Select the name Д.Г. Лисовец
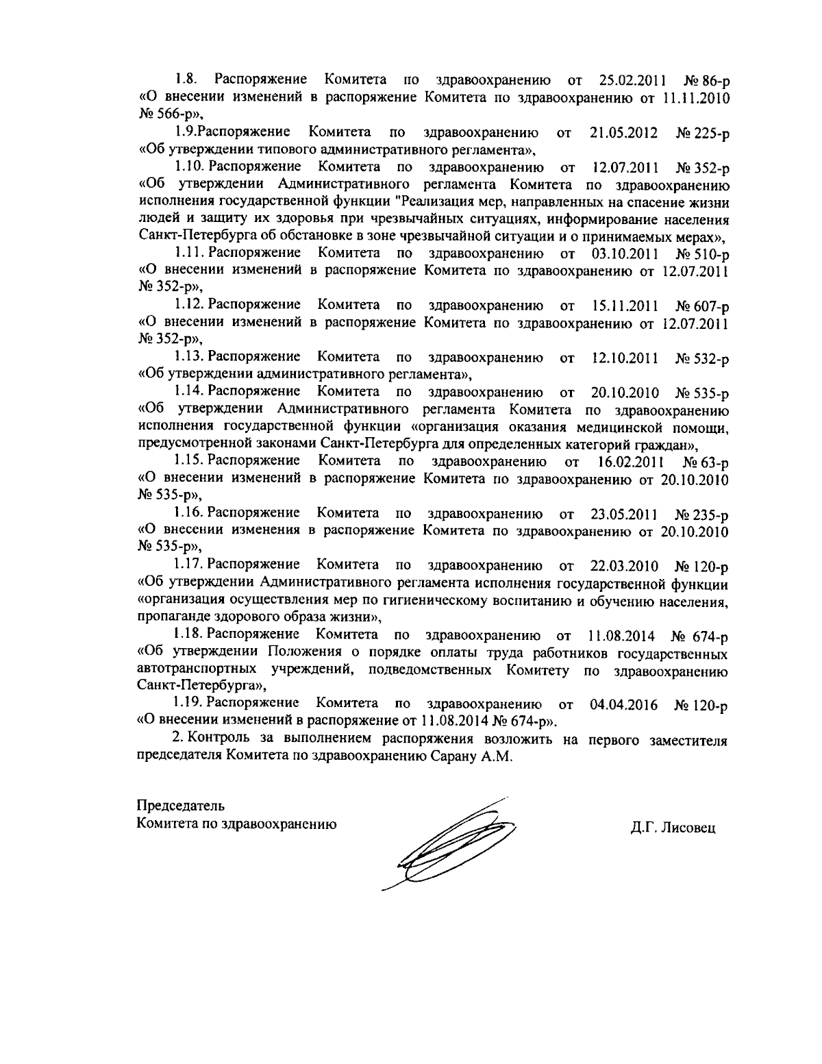tap(673, 827)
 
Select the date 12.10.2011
tap(624, 358)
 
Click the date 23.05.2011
tap(624, 513)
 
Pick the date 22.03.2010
tap(624, 566)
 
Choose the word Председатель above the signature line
tap(180, 805)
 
